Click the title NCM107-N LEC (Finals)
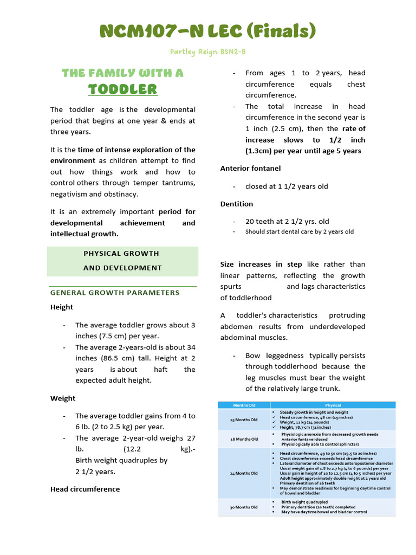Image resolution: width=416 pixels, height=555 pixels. coord(207,31)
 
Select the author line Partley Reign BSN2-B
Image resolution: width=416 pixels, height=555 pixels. coord(208,51)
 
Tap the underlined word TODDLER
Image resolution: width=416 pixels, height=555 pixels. coord(122,89)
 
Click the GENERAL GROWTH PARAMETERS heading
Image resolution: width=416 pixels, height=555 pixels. coord(115,293)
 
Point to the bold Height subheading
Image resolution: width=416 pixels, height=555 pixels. coord(62,307)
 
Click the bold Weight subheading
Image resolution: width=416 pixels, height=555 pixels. coord(63,398)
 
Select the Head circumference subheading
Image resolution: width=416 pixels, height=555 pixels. coord(85,489)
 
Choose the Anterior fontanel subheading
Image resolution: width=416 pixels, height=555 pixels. coord(250,169)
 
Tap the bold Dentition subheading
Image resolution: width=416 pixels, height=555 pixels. coord(237,204)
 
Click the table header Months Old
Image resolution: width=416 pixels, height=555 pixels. coord(244,405)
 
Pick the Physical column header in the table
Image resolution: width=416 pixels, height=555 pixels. coord(333,405)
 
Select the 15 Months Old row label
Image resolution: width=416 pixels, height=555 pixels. coord(244,420)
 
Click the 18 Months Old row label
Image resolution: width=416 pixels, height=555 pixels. coord(244,439)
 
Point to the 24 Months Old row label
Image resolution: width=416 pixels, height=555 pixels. coord(244,473)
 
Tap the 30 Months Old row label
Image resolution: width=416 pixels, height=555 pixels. coord(244,507)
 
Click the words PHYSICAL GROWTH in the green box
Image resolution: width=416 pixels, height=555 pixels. coord(121,253)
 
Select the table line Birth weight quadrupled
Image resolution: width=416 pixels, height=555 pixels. coord(304,502)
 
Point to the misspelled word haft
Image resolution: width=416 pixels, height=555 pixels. coord(160,369)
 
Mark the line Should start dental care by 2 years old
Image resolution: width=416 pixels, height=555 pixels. coord(299,231)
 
